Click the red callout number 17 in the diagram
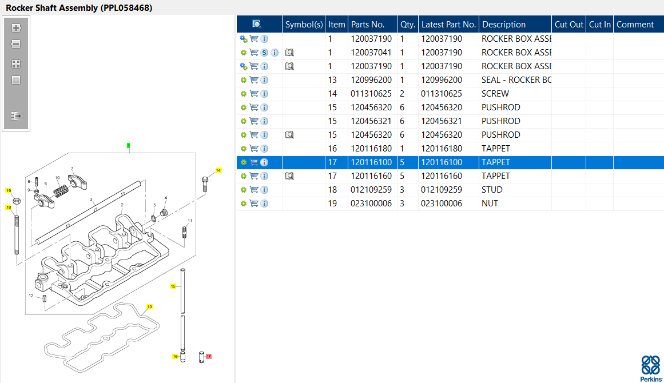[208, 356]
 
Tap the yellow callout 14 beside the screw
[218, 170]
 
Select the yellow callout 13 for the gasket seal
[149, 307]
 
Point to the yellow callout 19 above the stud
[9, 190]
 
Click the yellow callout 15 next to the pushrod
[173, 286]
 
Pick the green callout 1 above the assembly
[129, 146]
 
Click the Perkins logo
[650, 368]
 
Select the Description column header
[504, 25]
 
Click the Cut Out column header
[568, 25]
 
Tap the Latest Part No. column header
[448, 25]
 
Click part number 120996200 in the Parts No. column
[371, 80]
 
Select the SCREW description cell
[495, 94]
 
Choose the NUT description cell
[490, 204]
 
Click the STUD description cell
[492, 190]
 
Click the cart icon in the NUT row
[254, 204]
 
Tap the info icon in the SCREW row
[264, 94]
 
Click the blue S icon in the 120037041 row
[264, 53]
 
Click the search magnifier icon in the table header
[257, 24]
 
